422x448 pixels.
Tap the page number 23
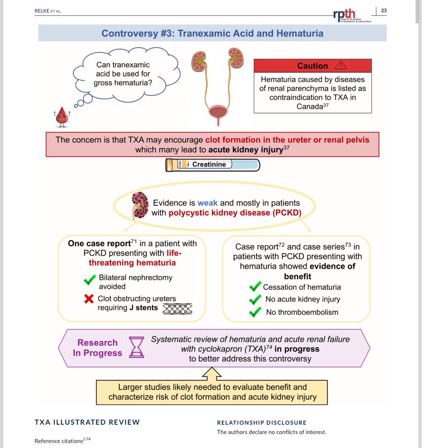pos(384,10)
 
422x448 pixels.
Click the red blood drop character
pos(61,115)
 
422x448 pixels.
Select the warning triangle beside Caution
pos(340,65)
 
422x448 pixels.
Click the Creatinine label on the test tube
pos(209,164)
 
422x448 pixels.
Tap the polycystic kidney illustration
pos(140,205)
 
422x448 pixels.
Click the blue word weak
pos(207,203)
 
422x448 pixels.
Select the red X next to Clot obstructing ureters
pos(89,299)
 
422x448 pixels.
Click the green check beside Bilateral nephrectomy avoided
pos(89,280)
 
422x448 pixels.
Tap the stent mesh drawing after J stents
pos(177,308)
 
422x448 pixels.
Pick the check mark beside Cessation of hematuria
pos(255,287)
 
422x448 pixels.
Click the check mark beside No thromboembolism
pos(255,312)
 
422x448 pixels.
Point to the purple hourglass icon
pos(136,347)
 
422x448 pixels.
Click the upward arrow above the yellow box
pos(211,373)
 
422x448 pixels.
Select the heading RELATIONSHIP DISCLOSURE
pos(261,423)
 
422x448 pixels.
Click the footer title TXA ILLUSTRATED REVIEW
pos(87,422)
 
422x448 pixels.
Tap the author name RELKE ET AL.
pos(48,11)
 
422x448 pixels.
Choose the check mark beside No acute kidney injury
pos(255,299)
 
